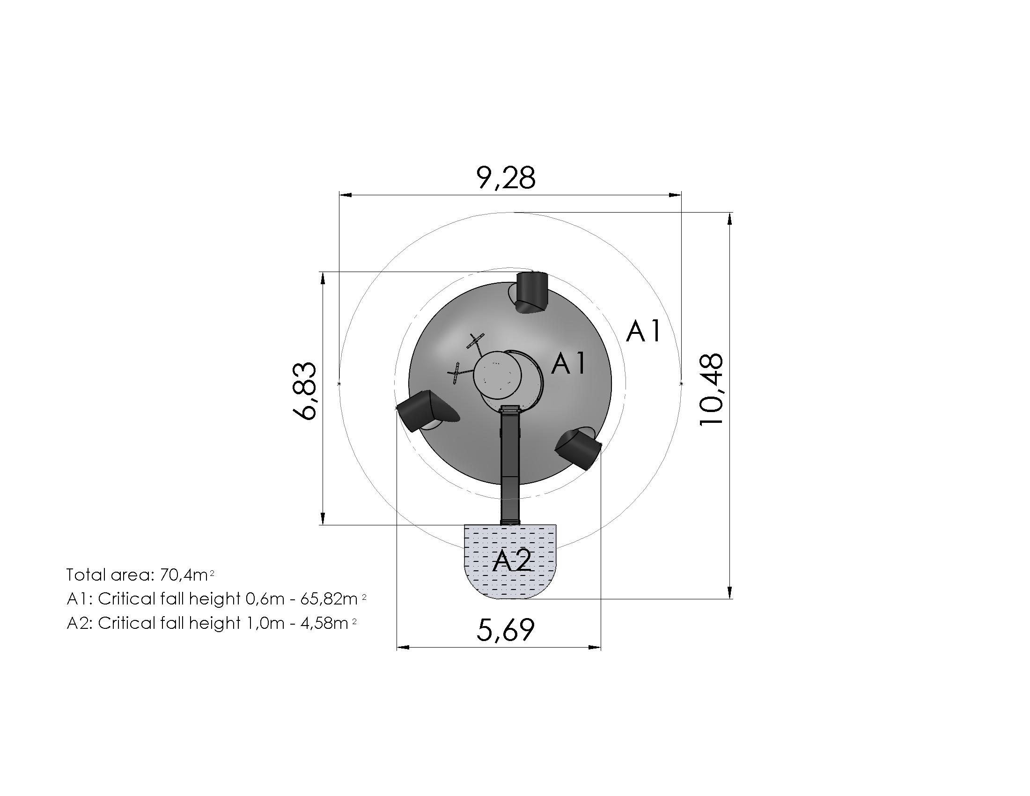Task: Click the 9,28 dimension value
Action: coord(506,178)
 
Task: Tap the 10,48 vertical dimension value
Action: coord(711,390)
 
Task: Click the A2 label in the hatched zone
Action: coord(512,561)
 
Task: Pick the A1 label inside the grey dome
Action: coord(569,363)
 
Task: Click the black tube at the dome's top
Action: coord(531,292)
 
